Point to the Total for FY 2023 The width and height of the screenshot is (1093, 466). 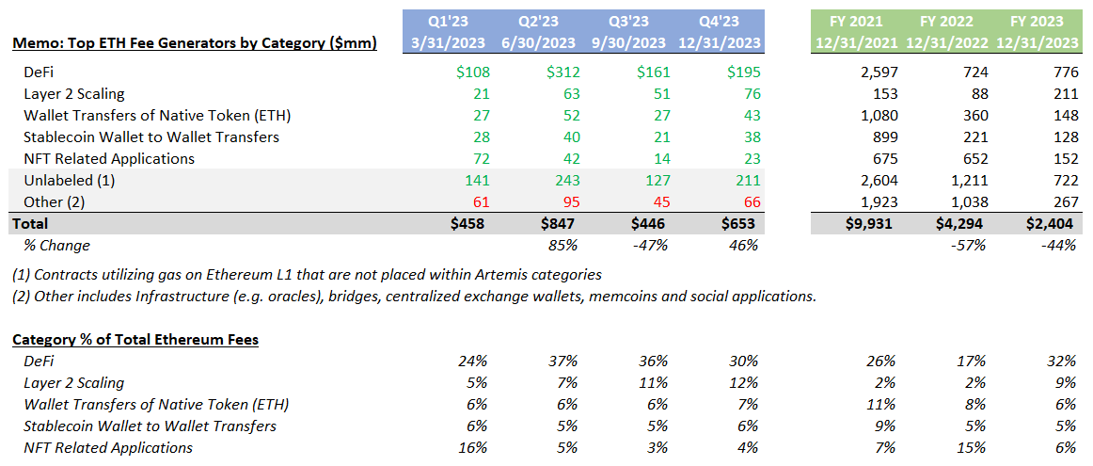1054,225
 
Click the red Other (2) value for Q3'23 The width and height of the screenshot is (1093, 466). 657,203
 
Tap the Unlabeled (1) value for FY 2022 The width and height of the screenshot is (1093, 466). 965,181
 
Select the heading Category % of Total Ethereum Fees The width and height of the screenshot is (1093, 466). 136,341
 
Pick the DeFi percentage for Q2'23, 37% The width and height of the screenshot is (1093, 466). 566,362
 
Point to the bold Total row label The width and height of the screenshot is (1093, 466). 29,225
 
